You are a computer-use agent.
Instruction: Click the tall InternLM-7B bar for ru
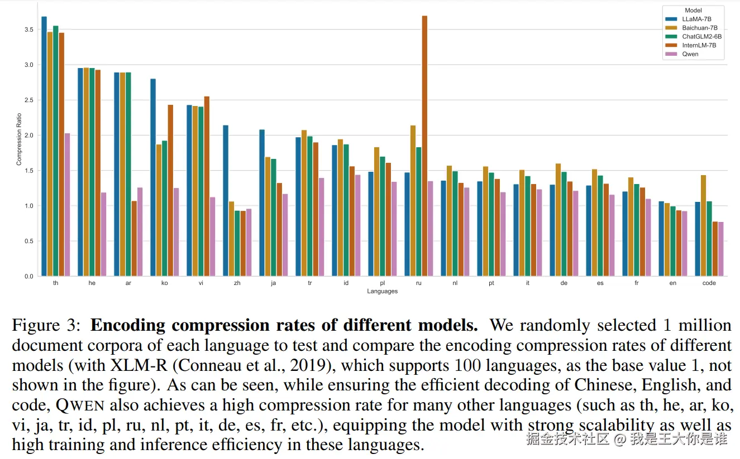(x=424, y=145)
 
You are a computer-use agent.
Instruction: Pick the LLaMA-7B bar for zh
(x=226, y=200)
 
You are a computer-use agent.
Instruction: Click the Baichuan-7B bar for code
(x=703, y=225)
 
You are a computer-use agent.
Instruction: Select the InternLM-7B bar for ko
(x=170, y=190)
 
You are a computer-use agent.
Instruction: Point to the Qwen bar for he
(x=103, y=234)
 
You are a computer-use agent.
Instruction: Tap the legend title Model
(x=693, y=11)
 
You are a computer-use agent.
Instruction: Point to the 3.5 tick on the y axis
(x=29, y=30)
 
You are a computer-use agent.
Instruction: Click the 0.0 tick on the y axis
(x=29, y=276)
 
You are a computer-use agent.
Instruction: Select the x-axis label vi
(x=200, y=283)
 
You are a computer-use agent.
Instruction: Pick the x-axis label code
(x=709, y=283)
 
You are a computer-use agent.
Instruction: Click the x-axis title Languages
(x=383, y=291)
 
